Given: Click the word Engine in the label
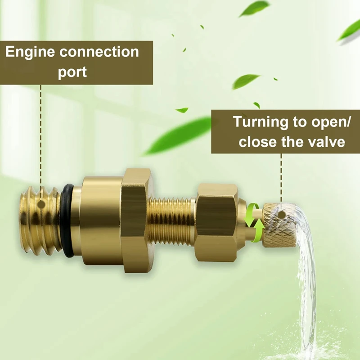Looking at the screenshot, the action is (30, 53).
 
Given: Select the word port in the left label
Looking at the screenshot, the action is (72, 72).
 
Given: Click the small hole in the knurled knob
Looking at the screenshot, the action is (282, 215).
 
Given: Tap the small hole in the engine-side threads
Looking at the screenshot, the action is (41, 204).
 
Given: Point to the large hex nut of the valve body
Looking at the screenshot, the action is (135, 218).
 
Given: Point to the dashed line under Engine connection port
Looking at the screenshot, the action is (41, 135).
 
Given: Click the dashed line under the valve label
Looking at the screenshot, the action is (282, 175).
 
